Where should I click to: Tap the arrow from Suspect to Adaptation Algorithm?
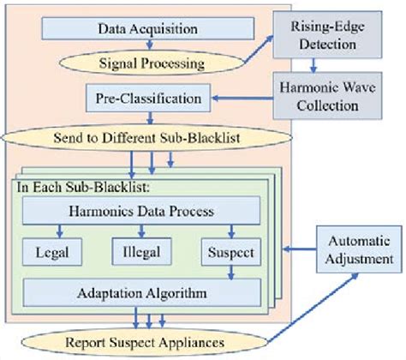point(229,272)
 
